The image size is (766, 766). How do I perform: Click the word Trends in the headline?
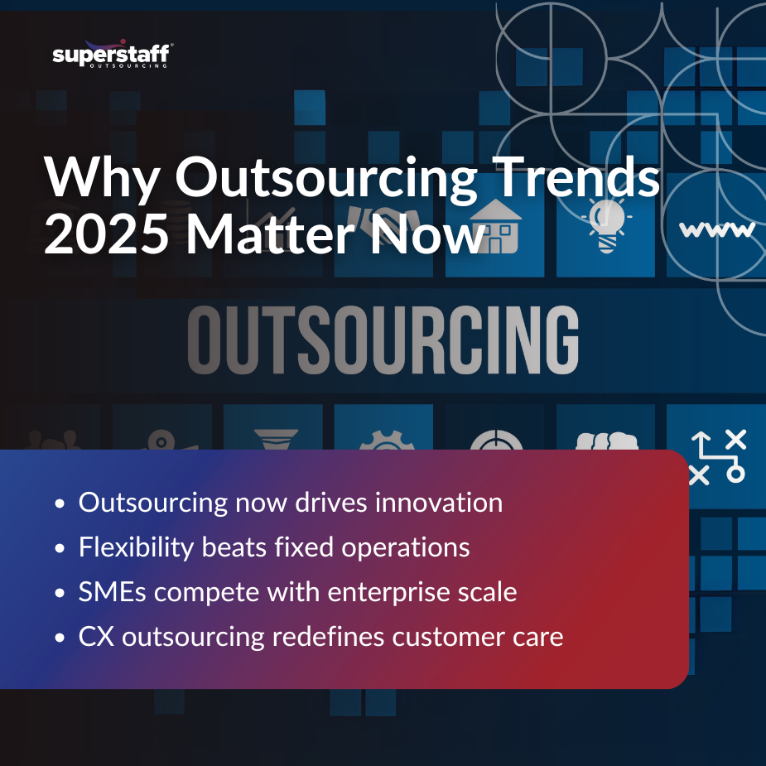(577, 176)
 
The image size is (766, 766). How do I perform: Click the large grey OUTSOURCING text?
(383, 340)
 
